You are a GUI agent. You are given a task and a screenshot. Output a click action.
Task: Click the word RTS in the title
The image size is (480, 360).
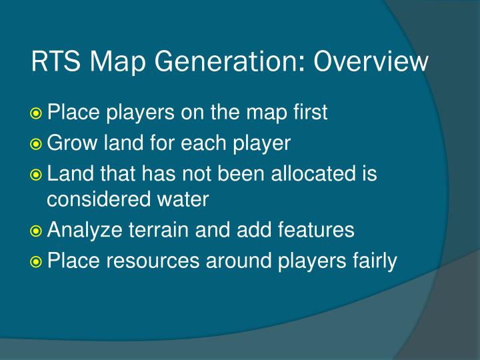click(53, 63)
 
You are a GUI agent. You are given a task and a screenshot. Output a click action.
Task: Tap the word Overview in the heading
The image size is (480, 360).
click(371, 63)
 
